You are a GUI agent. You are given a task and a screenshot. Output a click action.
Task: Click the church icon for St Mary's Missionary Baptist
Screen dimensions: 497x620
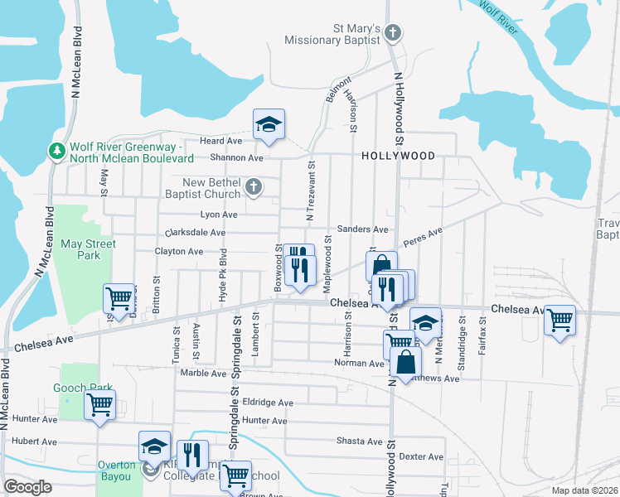click(x=393, y=34)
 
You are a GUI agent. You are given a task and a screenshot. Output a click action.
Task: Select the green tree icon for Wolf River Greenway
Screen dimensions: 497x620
click(x=56, y=151)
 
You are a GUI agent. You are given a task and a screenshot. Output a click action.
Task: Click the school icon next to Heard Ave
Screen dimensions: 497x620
click(x=269, y=124)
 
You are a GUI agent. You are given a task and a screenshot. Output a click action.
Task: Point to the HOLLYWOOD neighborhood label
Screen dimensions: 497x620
click(x=398, y=156)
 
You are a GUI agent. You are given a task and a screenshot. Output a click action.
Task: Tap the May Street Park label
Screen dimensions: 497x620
click(x=88, y=249)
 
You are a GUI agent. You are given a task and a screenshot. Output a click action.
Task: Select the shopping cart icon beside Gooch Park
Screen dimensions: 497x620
click(x=99, y=406)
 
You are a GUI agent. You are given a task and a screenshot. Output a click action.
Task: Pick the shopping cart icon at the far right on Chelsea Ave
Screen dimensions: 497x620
click(x=560, y=319)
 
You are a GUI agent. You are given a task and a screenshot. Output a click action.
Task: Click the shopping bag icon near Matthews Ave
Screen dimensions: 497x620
click(x=404, y=363)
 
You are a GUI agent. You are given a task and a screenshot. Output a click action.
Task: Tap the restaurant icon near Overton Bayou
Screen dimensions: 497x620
click(x=191, y=455)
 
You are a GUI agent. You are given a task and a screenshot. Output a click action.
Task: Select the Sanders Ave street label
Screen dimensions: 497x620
click(x=362, y=229)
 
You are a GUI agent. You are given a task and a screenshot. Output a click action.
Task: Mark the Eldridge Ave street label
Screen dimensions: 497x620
click(x=267, y=403)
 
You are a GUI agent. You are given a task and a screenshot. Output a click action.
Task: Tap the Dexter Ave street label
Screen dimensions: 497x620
click(x=421, y=456)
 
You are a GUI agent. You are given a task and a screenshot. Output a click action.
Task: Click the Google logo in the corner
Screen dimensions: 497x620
click(x=27, y=486)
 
